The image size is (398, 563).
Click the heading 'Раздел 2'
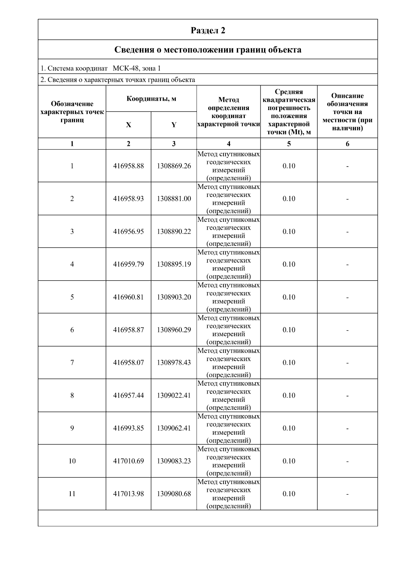pos(208,31)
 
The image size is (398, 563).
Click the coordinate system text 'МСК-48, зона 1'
pos(137,69)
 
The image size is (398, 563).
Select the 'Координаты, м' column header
pos(151,99)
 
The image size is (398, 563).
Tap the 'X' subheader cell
pos(128,125)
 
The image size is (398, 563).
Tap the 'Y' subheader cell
pos(174,125)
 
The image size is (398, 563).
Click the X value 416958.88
pos(128,166)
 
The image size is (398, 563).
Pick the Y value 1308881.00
pos(174,199)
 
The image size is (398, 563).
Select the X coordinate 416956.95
pos(128,231)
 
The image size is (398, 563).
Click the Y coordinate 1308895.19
pos(174,264)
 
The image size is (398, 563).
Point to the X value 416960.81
pos(128,297)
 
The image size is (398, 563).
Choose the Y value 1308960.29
pos(174,330)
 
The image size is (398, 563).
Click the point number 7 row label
pos(72,362)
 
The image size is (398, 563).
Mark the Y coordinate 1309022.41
pos(174,395)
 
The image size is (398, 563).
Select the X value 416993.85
pos(128,428)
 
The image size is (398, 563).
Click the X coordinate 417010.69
pos(128,461)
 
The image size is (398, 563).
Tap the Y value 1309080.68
pos(174,494)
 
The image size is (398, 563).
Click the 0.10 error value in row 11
pos(289,494)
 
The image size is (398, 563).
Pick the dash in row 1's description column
pos(347,166)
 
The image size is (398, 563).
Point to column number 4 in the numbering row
pos(229,144)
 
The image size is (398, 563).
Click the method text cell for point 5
pos(229,297)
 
